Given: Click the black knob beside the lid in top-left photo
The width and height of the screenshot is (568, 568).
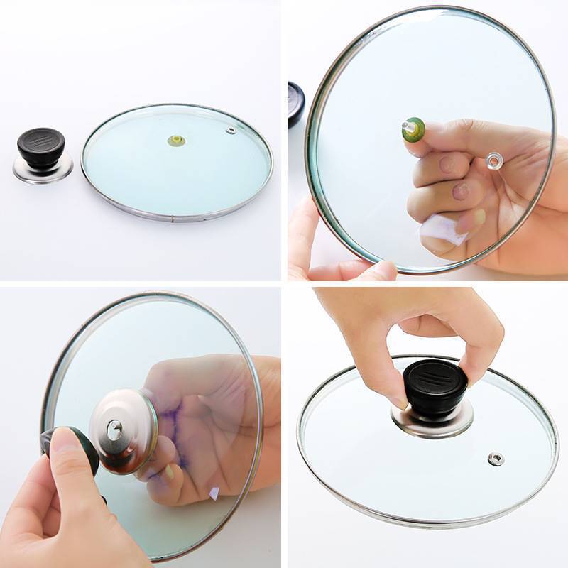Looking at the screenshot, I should tap(41, 145).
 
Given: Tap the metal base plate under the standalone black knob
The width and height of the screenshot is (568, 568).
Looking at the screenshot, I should tap(43, 170).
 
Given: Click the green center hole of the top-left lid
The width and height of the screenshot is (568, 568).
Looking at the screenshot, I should tap(176, 141).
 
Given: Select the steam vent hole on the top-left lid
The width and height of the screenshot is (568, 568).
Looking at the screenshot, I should tap(231, 131).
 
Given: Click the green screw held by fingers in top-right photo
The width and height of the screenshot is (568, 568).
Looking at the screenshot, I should tap(413, 129).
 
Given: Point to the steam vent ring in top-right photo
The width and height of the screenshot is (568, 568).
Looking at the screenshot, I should tap(493, 160).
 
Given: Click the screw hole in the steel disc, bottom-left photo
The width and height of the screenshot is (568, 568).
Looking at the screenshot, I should tap(114, 428).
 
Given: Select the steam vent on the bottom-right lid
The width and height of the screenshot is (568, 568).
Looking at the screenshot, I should tap(496, 459).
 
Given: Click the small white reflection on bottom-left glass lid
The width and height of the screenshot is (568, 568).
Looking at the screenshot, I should tap(214, 491).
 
